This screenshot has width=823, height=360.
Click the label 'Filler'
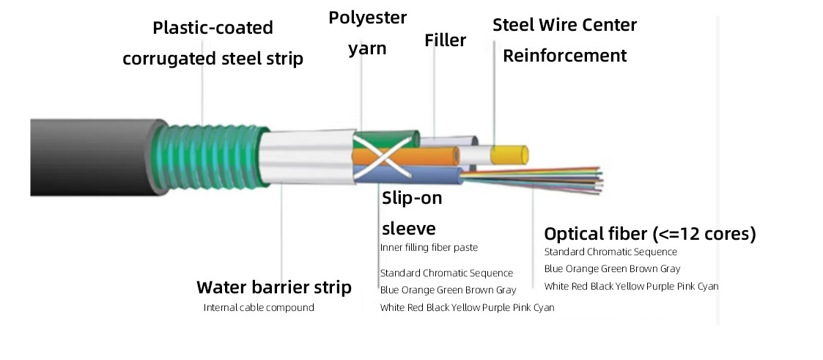[445, 40]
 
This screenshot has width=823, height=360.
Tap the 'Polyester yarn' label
[367, 33]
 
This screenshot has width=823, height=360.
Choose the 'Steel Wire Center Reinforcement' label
[564, 40]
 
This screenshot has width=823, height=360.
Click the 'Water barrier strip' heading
[273, 287]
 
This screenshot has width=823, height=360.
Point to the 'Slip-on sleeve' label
[412, 212]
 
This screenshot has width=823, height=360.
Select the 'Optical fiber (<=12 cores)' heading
[649, 234]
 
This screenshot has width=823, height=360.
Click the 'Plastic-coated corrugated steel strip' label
[213, 43]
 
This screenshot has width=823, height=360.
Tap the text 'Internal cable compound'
[259, 307]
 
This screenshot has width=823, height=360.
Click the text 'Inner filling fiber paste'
[429, 247]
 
